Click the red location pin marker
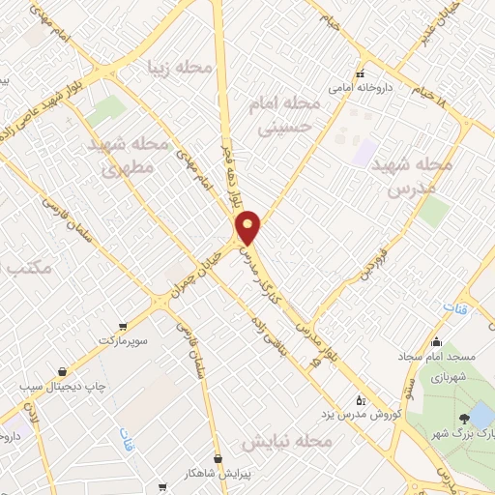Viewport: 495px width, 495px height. (x=249, y=226)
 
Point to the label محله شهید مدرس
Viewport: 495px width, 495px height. (x=419, y=177)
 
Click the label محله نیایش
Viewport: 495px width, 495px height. (x=286, y=441)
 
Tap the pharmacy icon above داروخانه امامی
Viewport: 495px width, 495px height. (x=359, y=73)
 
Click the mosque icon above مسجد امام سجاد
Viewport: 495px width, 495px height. (x=438, y=341)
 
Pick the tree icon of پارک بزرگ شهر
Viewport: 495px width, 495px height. (x=466, y=419)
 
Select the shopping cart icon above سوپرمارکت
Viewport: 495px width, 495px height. (x=122, y=326)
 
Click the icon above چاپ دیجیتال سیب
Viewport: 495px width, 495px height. (x=63, y=370)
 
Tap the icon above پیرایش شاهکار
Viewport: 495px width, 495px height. (x=218, y=458)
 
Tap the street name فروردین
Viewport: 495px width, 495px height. (x=368, y=262)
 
